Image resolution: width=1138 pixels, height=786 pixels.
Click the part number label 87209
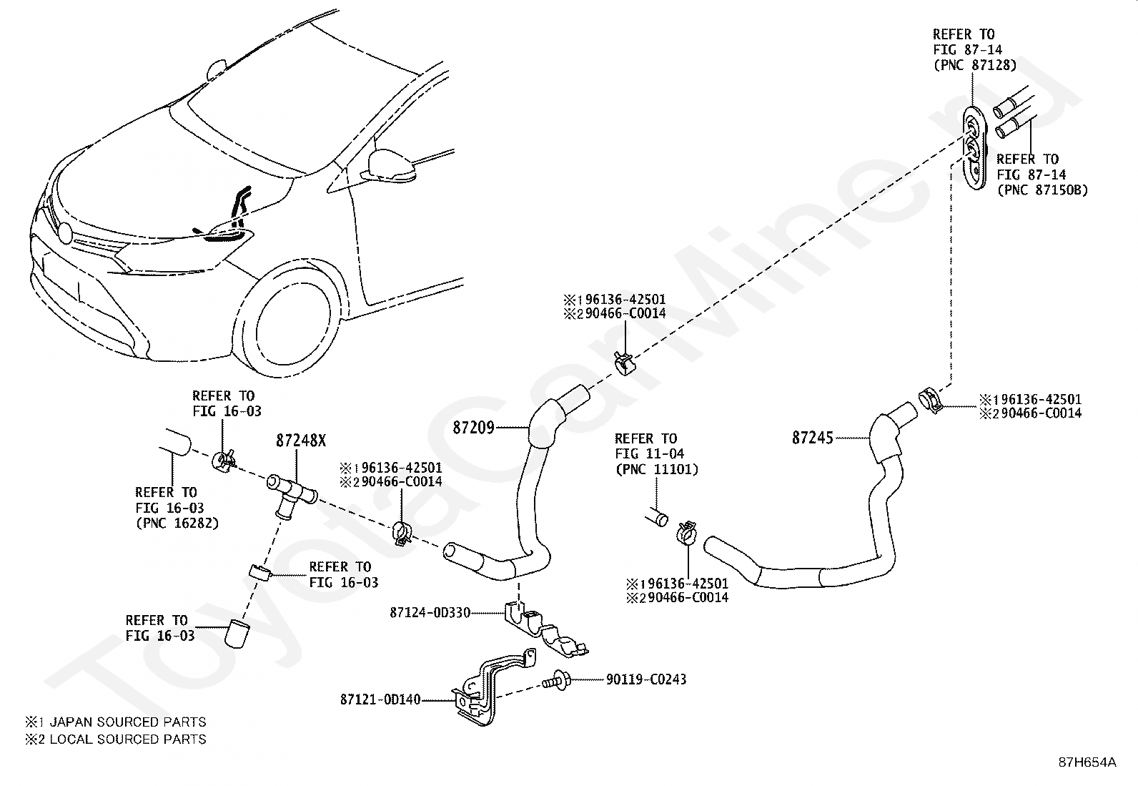pyautogui.click(x=473, y=428)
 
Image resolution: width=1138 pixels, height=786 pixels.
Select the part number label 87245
pyautogui.click(x=813, y=438)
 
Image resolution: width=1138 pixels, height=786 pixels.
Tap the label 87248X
pyautogui.click(x=301, y=441)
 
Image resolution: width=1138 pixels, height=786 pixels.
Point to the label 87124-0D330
pyautogui.click(x=430, y=613)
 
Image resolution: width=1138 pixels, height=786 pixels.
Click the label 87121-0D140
pyautogui.click(x=380, y=699)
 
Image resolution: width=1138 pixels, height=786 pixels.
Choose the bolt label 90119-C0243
pyautogui.click(x=646, y=679)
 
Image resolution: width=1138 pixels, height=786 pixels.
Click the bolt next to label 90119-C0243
pyautogui.click(x=557, y=680)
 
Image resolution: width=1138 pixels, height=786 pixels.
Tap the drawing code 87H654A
pyautogui.click(x=1087, y=762)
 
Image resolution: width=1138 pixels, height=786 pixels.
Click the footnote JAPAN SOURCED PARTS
pyautogui.click(x=127, y=722)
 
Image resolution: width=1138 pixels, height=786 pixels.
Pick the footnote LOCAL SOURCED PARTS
pyautogui.click(x=127, y=740)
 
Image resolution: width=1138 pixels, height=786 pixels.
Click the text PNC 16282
pyautogui.click(x=177, y=523)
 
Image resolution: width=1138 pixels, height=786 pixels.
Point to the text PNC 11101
pyautogui.click(x=657, y=469)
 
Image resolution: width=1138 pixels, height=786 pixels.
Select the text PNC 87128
pyautogui.click(x=975, y=65)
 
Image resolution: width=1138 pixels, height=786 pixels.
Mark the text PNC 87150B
pyautogui.click(x=1042, y=190)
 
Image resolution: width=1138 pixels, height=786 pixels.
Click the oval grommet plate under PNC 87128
pyautogui.click(x=974, y=148)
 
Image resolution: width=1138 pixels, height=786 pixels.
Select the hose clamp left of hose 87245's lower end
pyautogui.click(x=686, y=534)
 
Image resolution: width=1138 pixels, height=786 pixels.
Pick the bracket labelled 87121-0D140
pyautogui.click(x=493, y=687)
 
